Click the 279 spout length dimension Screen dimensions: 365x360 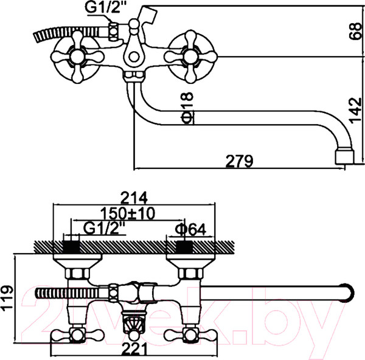click(x=239, y=161)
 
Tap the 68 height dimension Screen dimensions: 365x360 click(x=355, y=31)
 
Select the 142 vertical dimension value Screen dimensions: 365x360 click(x=355, y=111)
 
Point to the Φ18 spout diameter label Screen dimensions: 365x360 click(x=187, y=108)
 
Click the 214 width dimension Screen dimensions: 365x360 click(x=135, y=198)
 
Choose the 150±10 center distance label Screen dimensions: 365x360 click(x=128, y=213)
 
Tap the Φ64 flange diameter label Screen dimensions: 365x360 click(x=190, y=230)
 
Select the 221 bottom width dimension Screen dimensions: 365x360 click(x=135, y=348)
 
